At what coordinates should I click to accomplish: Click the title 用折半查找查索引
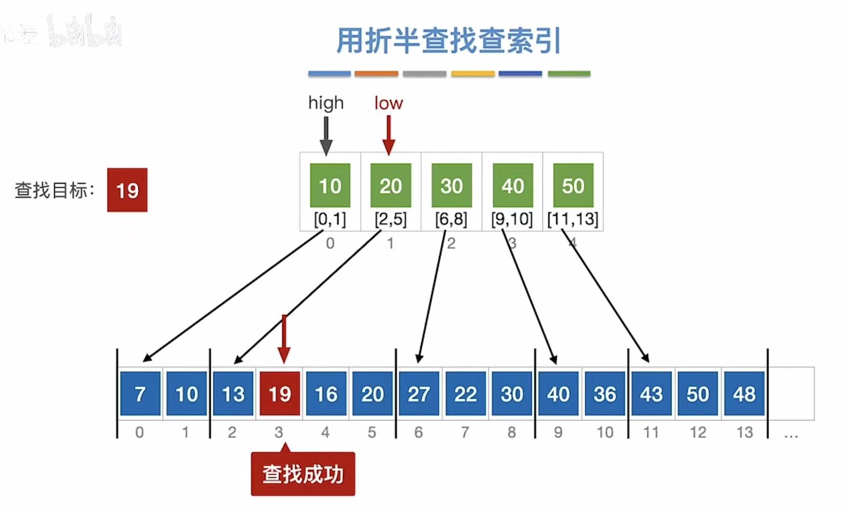pyautogui.click(x=448, y=41)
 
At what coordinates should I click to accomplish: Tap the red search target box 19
pyautogui.click(x=127, y=190)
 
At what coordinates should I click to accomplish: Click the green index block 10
pyautogui.click(x=330, y=186)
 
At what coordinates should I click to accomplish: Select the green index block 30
pyautogui.click(x=451, y=186)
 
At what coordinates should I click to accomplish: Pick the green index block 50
pyautogui.click(x=573, y=186)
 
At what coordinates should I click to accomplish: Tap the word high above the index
pyautogui.click(x=326, y=103)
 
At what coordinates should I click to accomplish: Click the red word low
pyautogui.click(x=389, y=103)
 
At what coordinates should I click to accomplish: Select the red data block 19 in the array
pyautogui.click(x=280, y=394)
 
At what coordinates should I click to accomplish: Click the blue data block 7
pyautogui.click(x=140, y=394)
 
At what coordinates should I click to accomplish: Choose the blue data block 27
pyautogui.click(x=419, y=394)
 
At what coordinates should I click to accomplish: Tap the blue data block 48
pyautogui.click(x=744, y=394)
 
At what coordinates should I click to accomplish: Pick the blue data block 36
pyautogui.click(x=605, y=394)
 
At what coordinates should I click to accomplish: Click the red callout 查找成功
pyautogui.click(x=303, y=474)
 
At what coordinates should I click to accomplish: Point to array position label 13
pyautogui.click(x=744, y=432)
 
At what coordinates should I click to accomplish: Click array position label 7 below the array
pyautogui.click(x=465, y=432)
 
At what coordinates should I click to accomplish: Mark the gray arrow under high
pyautogui.click(x=326, y=135)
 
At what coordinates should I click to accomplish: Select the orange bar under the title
pyautogui.click(x=376, y=74)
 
